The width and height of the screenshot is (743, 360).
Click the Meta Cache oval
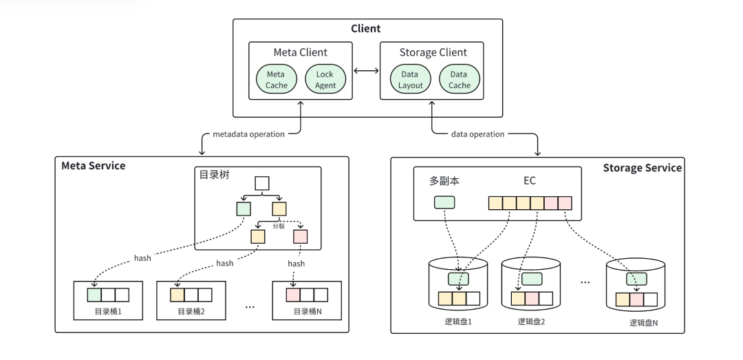(x=275, y=79)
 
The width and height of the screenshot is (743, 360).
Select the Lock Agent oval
(x=325, y=79)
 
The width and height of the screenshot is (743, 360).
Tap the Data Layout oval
(x=409, y=79)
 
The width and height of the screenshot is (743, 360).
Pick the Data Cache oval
(x=460, y=79)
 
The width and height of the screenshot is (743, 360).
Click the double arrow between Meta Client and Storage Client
(x=367, y=71)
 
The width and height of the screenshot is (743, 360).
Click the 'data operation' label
(x=478, y=134)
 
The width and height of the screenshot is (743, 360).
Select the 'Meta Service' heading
(x=94, y=166)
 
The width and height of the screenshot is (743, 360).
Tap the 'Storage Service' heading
(x=642, y=168)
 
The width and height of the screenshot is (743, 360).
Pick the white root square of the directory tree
(x=262, y=184)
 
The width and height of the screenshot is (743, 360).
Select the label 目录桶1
(x=108, y=311)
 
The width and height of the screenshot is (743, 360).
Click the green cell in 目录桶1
(x=94, y=295)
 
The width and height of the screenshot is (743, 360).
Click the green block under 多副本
(x=444, y=203)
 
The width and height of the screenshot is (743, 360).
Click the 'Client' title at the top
(x=366, y=29)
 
